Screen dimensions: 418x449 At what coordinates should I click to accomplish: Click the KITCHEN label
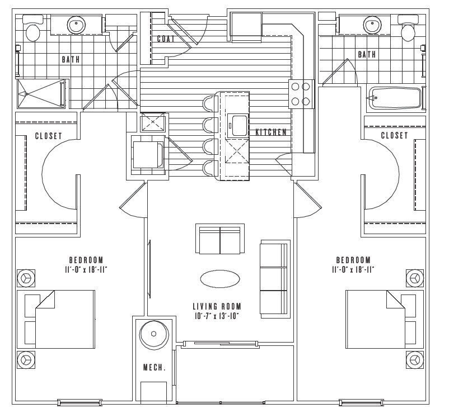(271, 132)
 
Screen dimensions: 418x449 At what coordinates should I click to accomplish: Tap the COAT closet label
(166, 39)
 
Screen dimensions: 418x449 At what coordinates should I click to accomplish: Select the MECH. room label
(154, 368)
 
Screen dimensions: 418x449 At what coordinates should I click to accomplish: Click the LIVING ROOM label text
(217, 306)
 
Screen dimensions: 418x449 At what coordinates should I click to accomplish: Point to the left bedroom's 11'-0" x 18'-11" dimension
(86, 269)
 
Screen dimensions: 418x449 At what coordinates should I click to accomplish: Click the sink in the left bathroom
(76, 25)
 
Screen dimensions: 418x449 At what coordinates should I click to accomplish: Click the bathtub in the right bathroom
(395, 98)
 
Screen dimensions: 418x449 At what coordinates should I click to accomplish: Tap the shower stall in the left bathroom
(41, 93)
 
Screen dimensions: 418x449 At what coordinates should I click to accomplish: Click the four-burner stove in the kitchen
(300, 94)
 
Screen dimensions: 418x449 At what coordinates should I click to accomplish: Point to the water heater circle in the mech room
(153, 335)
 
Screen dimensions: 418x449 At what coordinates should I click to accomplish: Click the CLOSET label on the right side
(394, 136)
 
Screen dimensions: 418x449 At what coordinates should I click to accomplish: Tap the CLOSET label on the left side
(48, 136)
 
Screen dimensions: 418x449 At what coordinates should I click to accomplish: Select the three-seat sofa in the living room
(274, 277)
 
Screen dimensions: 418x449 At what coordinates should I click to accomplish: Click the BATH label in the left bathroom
(70, 59)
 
